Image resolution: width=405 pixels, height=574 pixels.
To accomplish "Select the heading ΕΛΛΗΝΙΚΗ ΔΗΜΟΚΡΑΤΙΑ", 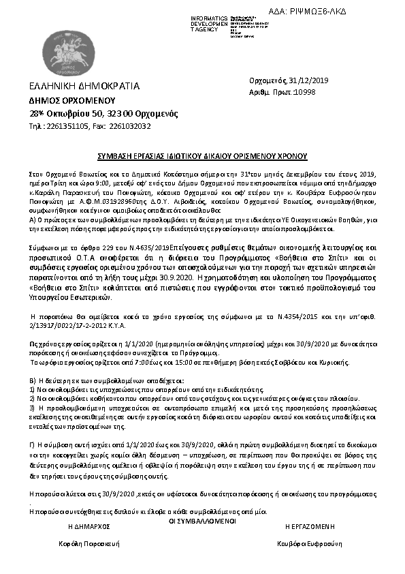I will [x=84, y=86].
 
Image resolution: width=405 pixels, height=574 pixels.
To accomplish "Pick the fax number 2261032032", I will [x=130, y=126].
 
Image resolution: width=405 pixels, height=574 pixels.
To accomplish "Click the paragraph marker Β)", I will [x=33, y=378].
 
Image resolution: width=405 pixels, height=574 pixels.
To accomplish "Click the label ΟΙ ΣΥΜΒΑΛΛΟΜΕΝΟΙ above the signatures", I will [x=202, y=521].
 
